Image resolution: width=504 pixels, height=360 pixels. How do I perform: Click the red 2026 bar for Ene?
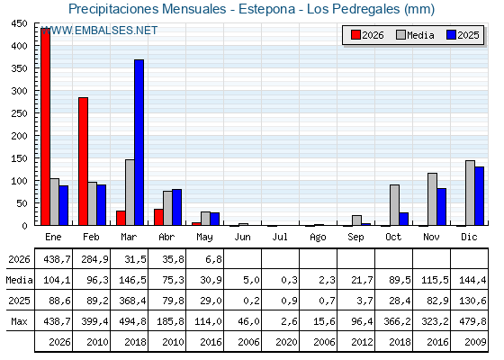pos(45,127)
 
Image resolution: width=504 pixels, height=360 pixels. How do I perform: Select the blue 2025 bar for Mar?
pos(139,142)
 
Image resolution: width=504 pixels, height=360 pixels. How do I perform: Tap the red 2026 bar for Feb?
pos(83,161)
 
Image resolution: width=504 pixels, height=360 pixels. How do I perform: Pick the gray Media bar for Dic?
pos(470,193)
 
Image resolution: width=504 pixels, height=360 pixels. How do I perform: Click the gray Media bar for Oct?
pos(394,205)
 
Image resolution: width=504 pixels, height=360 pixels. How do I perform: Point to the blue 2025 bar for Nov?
pos(442,207)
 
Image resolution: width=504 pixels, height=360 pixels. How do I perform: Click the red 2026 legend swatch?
pos(355,35)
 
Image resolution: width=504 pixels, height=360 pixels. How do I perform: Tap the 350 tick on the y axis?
pos(19,68)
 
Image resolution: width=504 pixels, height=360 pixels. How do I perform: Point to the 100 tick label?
pos(19,181)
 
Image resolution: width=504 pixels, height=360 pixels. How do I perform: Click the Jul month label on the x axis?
pos(280,237)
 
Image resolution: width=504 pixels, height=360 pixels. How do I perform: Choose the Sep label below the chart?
pos(355,238)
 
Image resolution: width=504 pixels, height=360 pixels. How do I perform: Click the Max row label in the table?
pos(19,321)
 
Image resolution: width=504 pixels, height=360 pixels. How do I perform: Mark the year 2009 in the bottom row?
pos(475,342)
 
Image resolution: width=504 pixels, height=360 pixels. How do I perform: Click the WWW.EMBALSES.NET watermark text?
pos(99,31)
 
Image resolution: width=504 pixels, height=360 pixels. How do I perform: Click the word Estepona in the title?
pos(266,9)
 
